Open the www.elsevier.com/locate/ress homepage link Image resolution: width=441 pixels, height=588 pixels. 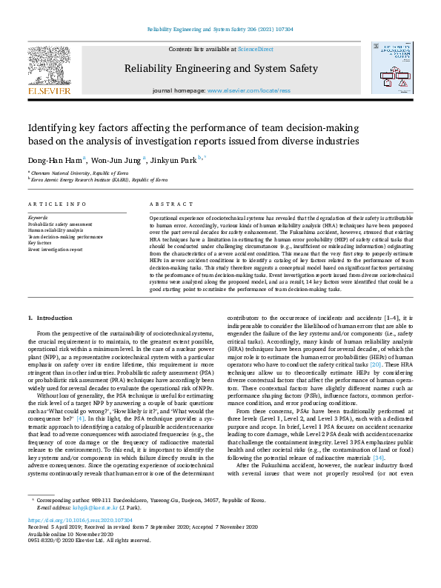point(249,90)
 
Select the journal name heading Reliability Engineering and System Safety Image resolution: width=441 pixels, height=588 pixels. point(221,69)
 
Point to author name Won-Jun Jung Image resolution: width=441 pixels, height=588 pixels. point(117,158)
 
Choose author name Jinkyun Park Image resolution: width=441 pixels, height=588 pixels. point(178,158)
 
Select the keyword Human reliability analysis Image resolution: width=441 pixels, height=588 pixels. point(56,230)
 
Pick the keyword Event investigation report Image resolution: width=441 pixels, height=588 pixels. point(55,250)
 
